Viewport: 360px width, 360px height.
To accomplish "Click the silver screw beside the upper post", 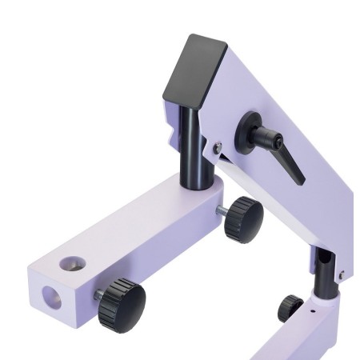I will (218, 146).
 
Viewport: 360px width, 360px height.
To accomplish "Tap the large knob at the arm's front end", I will (122, 304).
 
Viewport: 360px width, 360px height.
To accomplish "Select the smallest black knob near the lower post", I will (290, 307).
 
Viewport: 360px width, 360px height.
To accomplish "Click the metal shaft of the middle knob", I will (220, 211).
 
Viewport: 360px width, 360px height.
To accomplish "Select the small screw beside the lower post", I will (341, 275).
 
